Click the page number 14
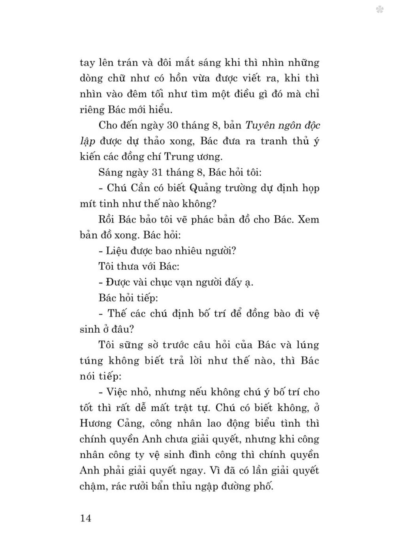(x=86, y=518)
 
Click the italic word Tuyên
(x=260, y=126)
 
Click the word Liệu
(x=117, y=251)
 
